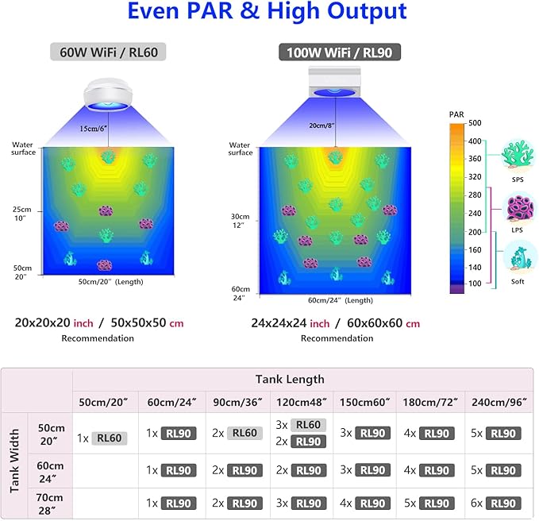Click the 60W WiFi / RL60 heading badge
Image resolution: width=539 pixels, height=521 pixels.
click(108, 52)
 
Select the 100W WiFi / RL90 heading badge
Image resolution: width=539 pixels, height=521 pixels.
click(340, 52)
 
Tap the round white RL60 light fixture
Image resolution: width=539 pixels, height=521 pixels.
click(108, 95)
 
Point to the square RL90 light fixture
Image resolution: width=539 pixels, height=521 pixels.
click(334, 82)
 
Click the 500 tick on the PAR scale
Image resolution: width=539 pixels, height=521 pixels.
click(475, 123)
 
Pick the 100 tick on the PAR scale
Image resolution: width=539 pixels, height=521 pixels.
click(475, 284)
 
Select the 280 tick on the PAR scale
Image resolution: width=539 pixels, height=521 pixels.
click(475, 195)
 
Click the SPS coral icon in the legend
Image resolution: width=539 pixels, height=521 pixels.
click(517, 155)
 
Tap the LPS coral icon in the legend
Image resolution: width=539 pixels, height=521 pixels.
click(518, 208)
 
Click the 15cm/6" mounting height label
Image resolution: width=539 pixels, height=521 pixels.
click(93, 129)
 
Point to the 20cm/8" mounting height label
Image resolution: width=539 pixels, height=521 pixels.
click(321, 125)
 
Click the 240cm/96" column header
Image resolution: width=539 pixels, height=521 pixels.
click(499, 402)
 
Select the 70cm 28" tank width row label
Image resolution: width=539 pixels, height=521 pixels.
click(49, 504)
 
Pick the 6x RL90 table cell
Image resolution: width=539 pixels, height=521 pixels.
click(495, 504)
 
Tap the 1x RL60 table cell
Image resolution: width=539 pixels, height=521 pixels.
click(102, 438)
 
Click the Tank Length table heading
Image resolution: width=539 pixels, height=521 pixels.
click(290, 380)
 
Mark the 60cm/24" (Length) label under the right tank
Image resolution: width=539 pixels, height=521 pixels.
click(341, 300)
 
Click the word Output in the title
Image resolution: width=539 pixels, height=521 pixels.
click(367, 11)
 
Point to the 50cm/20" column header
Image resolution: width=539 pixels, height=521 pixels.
click(103, 402)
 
